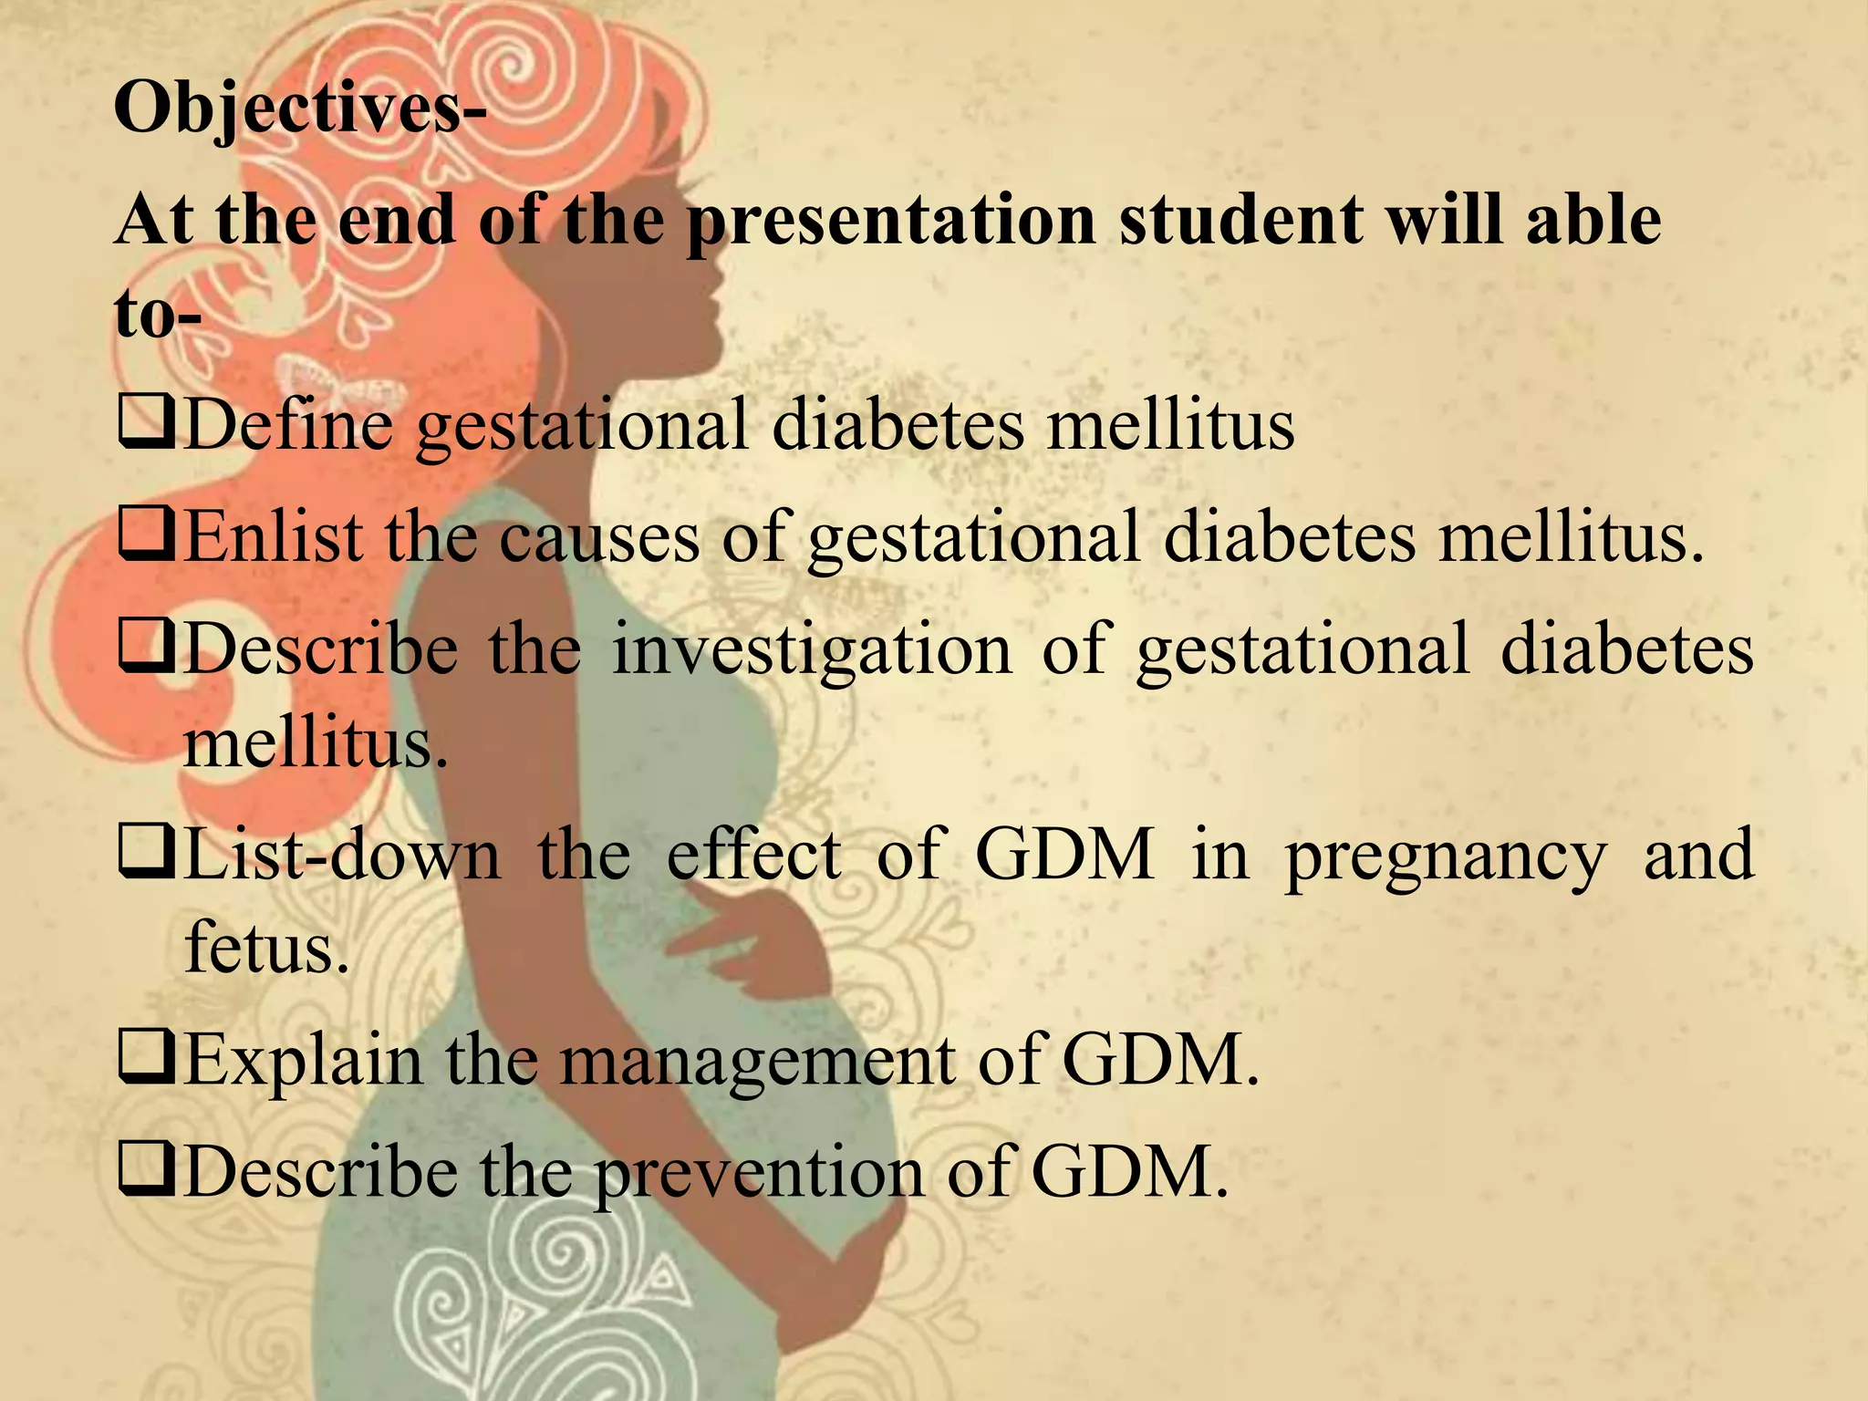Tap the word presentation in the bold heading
pyautogui.click(x=891, y=222)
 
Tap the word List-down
pyautogui.click(x=342, y=855)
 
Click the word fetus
pyautogui.click(x=266, y=946)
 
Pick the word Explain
pyautogui.click(x=304, y=1062)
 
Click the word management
pyautogui.click(x=757, y=1062)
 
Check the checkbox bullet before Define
pyautogui.click(x=145, y=427)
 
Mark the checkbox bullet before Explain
pyautogui.click(x=145, y=1063)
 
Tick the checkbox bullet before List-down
pyautogui.click(x=145, y=856)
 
